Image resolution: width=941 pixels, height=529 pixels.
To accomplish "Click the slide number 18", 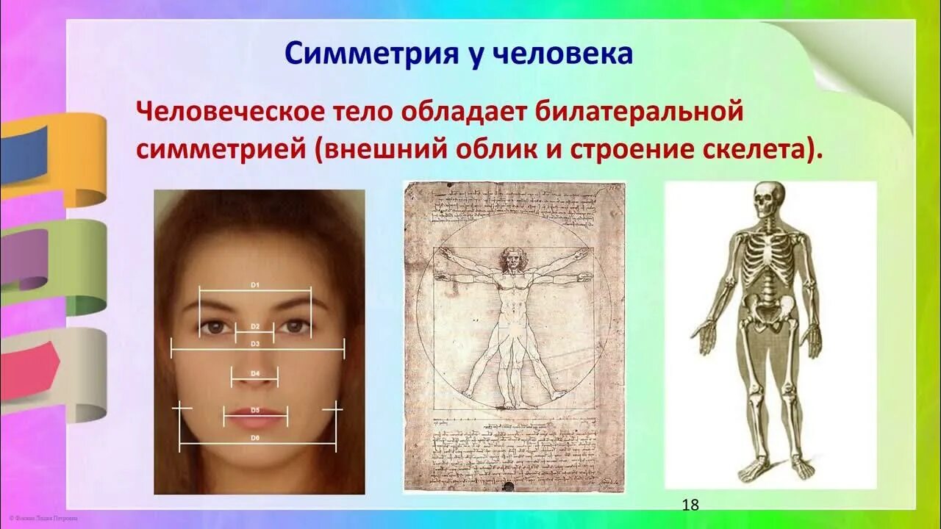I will (x=690, y=505).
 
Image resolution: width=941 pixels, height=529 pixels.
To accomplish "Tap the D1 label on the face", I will (x=255, y=284).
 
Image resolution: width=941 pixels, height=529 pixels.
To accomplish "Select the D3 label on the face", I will (x=255, y=343).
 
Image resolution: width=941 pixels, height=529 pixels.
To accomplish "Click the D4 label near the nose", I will (x=255, y=373).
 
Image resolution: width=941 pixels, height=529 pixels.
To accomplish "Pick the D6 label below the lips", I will (x=255, y=438).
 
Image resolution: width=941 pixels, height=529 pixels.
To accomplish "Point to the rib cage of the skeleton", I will (x=768, y=257).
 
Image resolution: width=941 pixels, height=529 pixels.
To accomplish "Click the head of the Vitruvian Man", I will (x=512, y=259).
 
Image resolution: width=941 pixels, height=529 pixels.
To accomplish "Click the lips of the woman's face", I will (x=255, y=417).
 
